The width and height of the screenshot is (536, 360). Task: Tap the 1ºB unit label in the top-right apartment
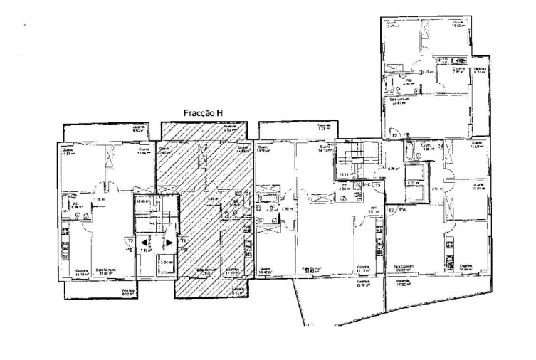(x=406, y=134)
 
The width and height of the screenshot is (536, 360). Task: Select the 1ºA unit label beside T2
(x=402, y=211)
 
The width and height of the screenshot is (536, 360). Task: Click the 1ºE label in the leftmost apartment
(x=130, y=250)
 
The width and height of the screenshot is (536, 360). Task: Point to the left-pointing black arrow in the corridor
(x=144, y=243)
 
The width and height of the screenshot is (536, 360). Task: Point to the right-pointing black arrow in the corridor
(x=169, y=243)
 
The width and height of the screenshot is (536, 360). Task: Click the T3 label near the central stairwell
(x=378, y=185)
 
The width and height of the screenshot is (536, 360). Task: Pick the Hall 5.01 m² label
(x=372, y=209)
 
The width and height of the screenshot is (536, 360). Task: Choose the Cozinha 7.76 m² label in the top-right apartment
(x=456, y=70)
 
